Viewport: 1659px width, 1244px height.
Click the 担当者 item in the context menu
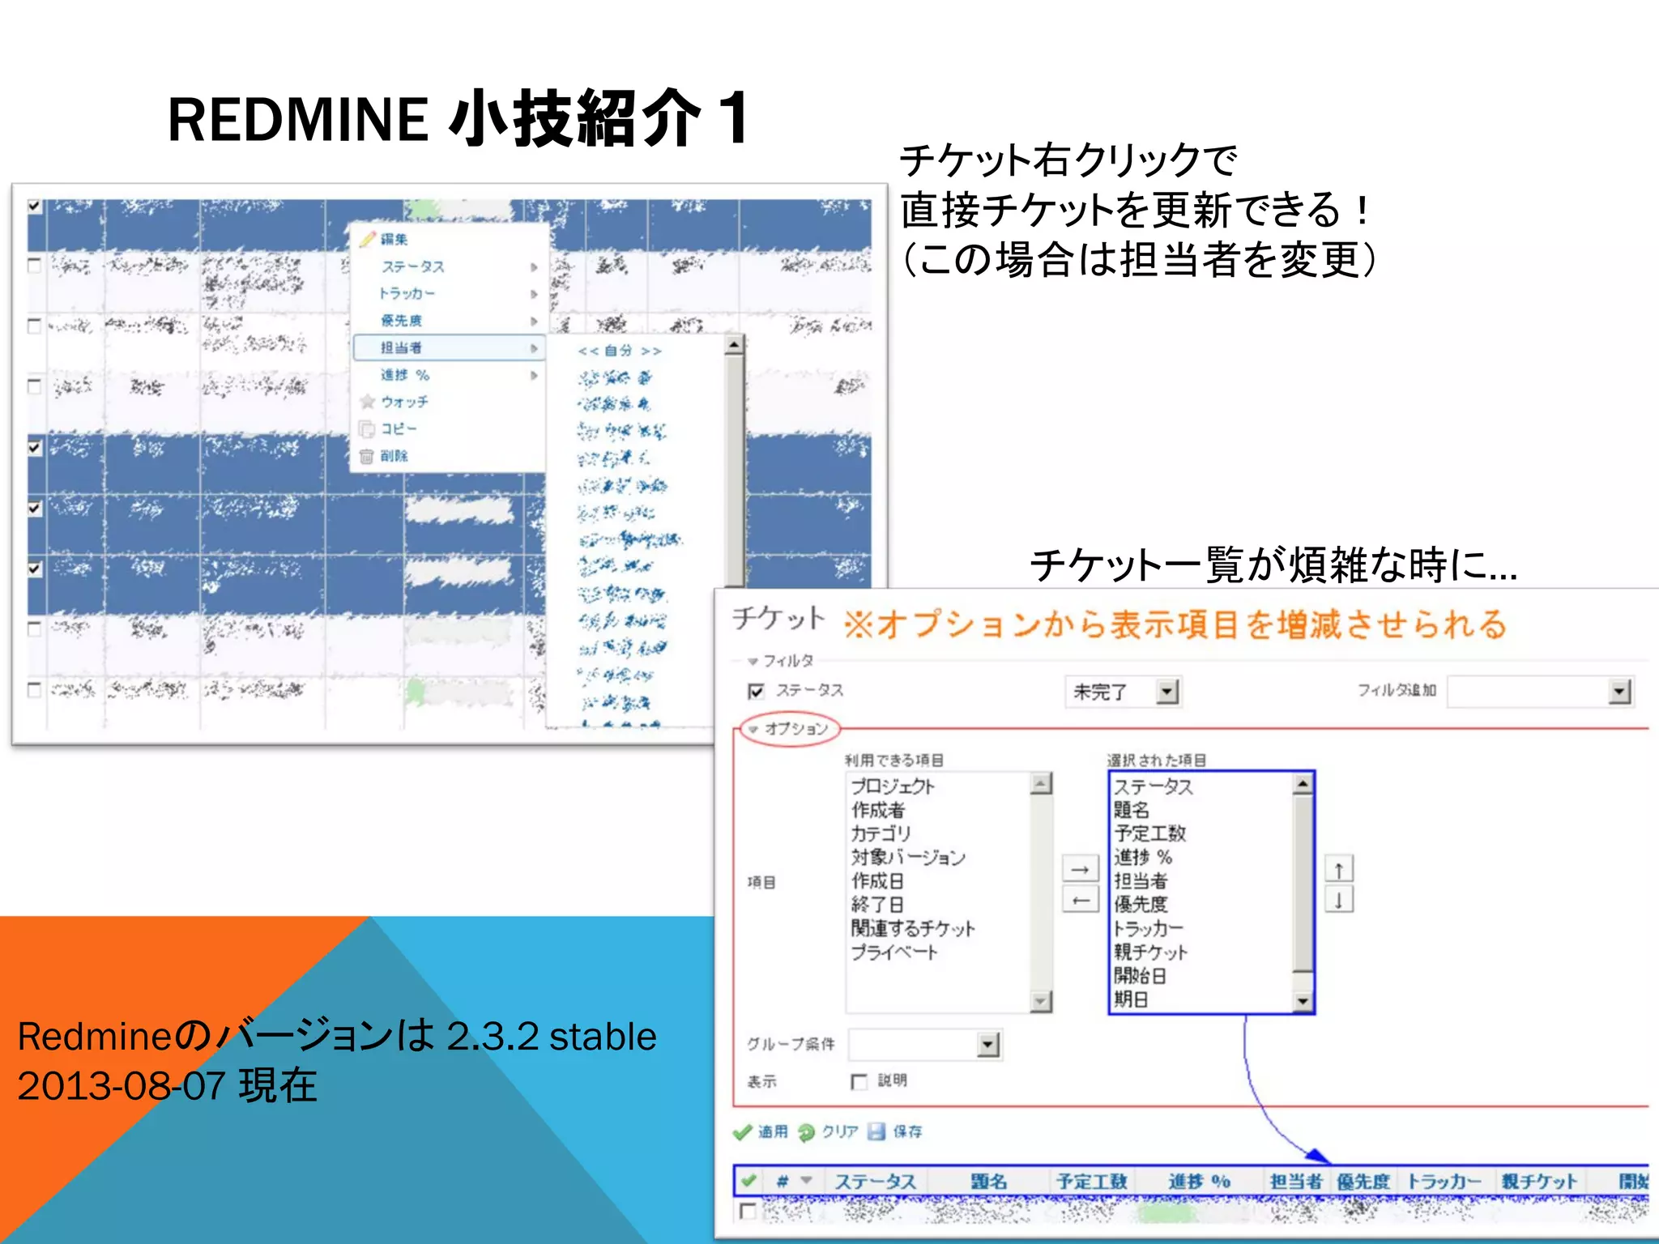[402, 348]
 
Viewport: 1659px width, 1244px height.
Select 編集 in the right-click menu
[394, 240]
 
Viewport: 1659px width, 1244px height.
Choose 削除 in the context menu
[394, 456]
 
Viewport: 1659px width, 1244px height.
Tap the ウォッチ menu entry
[404, 403]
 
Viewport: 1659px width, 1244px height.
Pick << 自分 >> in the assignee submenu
[620, 351]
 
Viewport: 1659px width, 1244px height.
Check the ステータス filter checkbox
[756, 691]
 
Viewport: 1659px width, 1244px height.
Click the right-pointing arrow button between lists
[1080, 869]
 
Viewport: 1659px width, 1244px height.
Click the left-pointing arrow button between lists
[1080, 900]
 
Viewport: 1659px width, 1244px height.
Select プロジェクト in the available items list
[893, 786]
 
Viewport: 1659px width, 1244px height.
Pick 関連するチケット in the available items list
[913, 928]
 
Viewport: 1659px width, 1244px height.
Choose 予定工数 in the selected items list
[1149, 833]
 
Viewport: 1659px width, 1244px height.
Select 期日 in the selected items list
[1131, 999]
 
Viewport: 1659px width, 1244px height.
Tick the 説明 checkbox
[859, 1081]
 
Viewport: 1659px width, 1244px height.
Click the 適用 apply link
[772, 1131]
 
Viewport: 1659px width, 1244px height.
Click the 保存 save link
[906, 1131]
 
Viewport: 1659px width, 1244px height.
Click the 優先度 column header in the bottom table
[1363, 1182]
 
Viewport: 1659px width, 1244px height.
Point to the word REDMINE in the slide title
[298, 120]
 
